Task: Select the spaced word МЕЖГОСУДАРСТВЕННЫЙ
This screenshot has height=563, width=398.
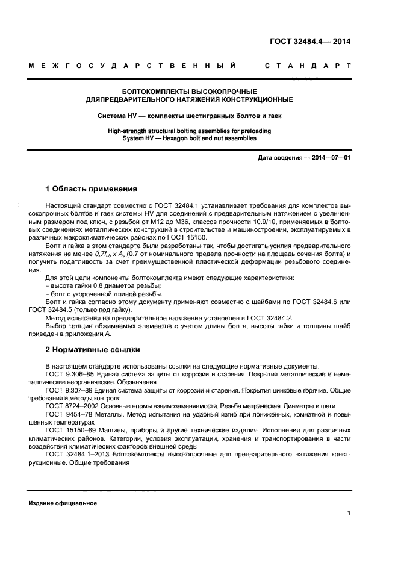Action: (x=132, y=66)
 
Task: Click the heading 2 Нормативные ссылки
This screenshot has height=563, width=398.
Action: (x=93, y=349)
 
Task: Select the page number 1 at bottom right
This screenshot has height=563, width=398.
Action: (x=349, y=514)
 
